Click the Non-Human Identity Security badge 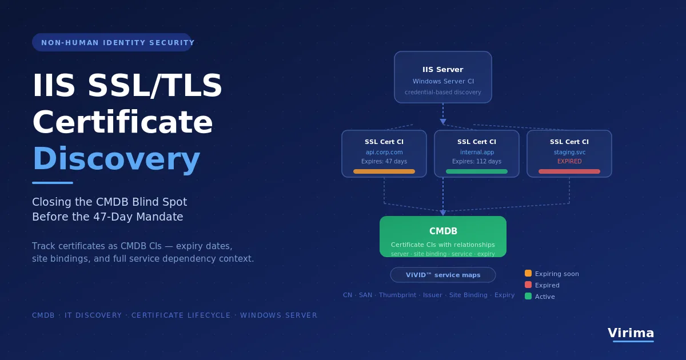tap(112, 42)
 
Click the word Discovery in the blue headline tap(117, 159)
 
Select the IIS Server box tap(443, 77)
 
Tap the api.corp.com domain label tap(384, 152)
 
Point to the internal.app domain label tap(477, 152)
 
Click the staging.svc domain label tap(569, 152)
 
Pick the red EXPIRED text tap(569, 161)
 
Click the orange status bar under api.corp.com tap(384, 171)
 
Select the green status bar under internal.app tap(477, 171)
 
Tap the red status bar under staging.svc tap(569, 171)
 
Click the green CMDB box tap(443, 237)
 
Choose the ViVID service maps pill tap(443, 275)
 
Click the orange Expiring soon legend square tap(528, 273)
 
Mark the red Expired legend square tap(528, 285)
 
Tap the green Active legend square tap(528, 296)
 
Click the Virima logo tap(631, 334)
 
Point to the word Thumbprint tap(397, 295)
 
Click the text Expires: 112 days tap(477, 161)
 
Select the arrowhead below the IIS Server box tap(443, 122)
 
